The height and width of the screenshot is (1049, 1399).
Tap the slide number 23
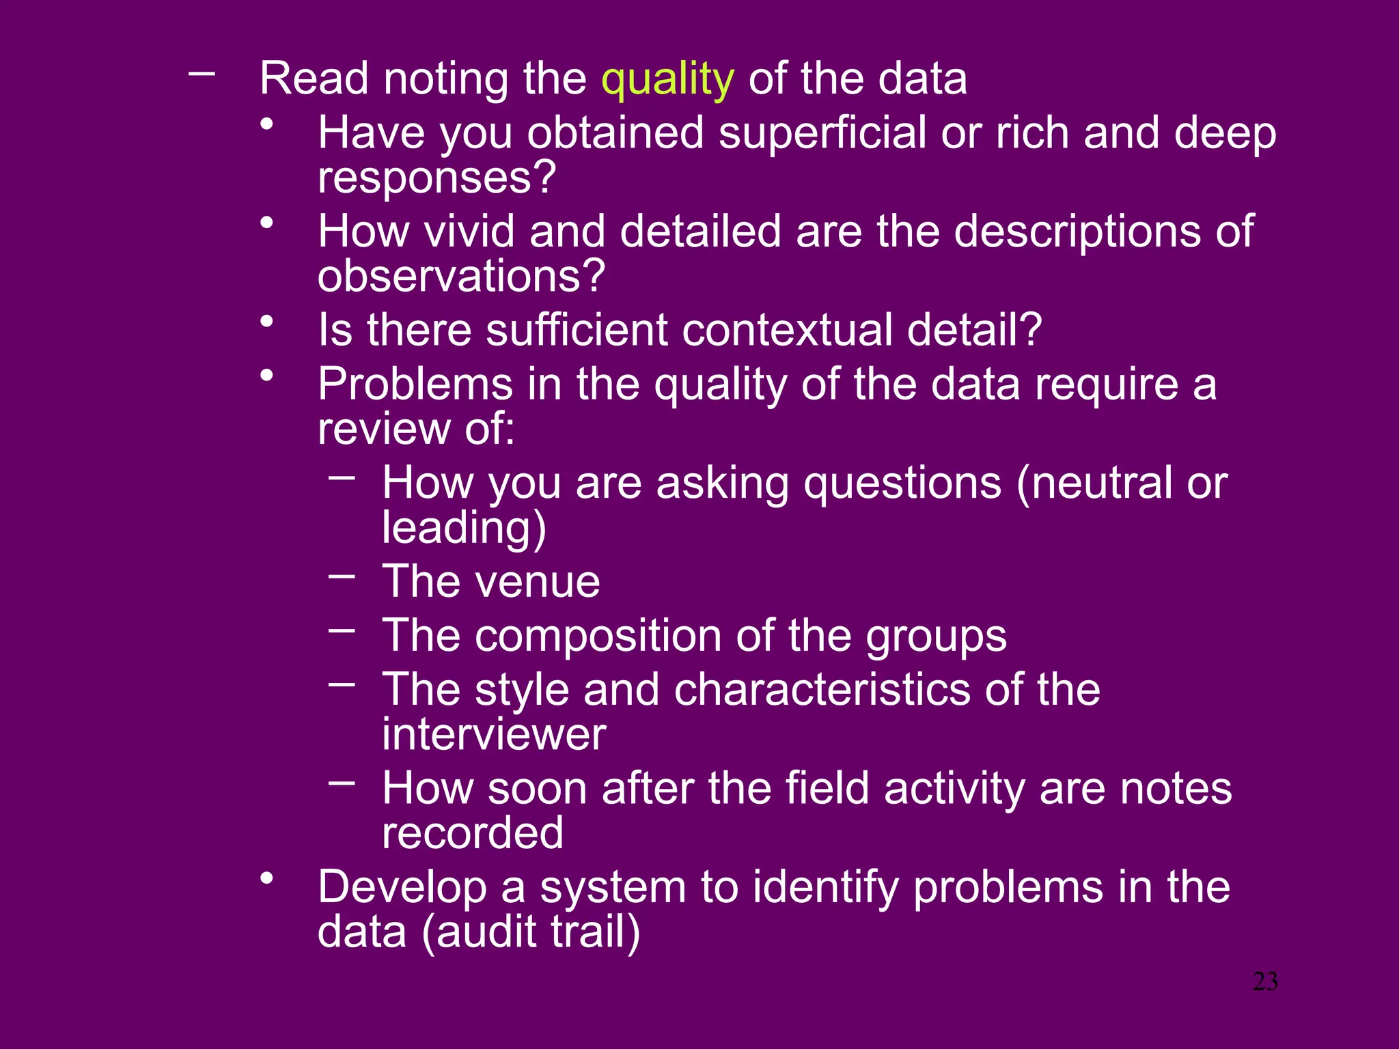coord(1265,981)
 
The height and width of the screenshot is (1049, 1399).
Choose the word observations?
coord(461,276)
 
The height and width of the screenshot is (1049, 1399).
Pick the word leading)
coord(464,528)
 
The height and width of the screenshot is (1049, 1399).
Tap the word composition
coord(598,636)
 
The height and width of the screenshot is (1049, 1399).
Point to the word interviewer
coord(494,735)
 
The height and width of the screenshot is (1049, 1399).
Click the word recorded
coord(473,833)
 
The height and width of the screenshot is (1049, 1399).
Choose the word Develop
coord(402,888)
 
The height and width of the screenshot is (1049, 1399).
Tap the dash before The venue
coord(342,576)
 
